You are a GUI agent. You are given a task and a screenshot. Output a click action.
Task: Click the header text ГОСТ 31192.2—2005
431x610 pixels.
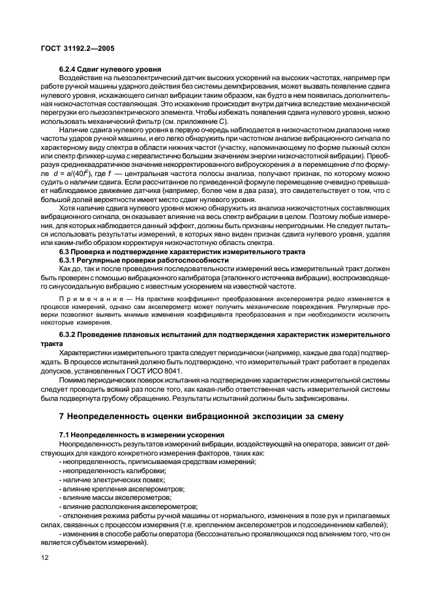point(75,49)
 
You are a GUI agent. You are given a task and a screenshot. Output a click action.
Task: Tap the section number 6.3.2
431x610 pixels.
point(70,334)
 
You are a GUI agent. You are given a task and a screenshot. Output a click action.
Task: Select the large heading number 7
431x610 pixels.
point(62,416)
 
